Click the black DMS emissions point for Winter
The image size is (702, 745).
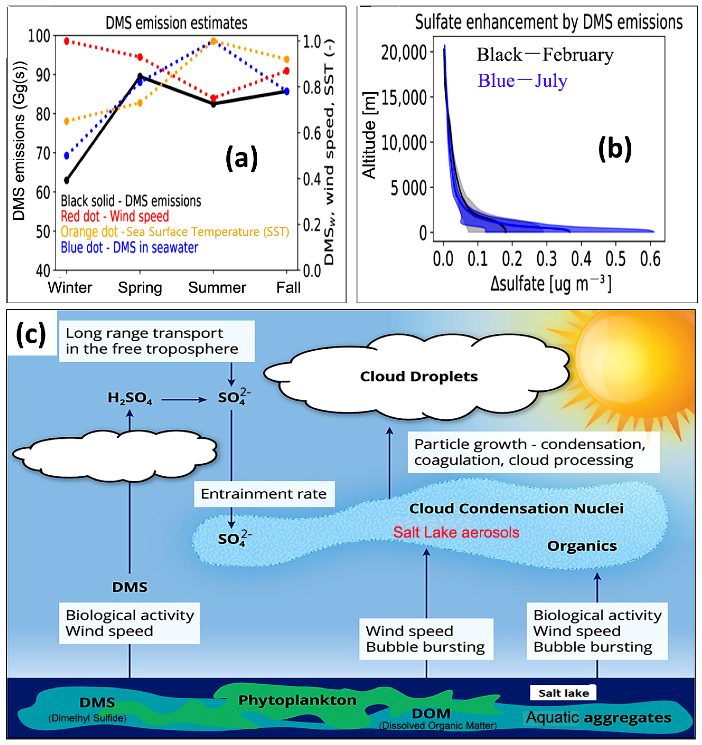67,180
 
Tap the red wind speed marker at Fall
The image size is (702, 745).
286,71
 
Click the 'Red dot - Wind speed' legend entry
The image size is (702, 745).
115,216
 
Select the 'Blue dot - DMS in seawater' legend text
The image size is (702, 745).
129,248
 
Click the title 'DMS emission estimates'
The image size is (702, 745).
176,23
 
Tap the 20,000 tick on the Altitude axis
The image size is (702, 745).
404,53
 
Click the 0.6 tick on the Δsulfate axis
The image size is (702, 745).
650,259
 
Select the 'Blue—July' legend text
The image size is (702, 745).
522,81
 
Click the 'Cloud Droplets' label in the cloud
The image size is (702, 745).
419,376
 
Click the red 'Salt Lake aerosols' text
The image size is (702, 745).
456,532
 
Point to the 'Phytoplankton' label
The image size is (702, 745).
297,700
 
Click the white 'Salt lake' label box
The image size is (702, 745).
563,693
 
